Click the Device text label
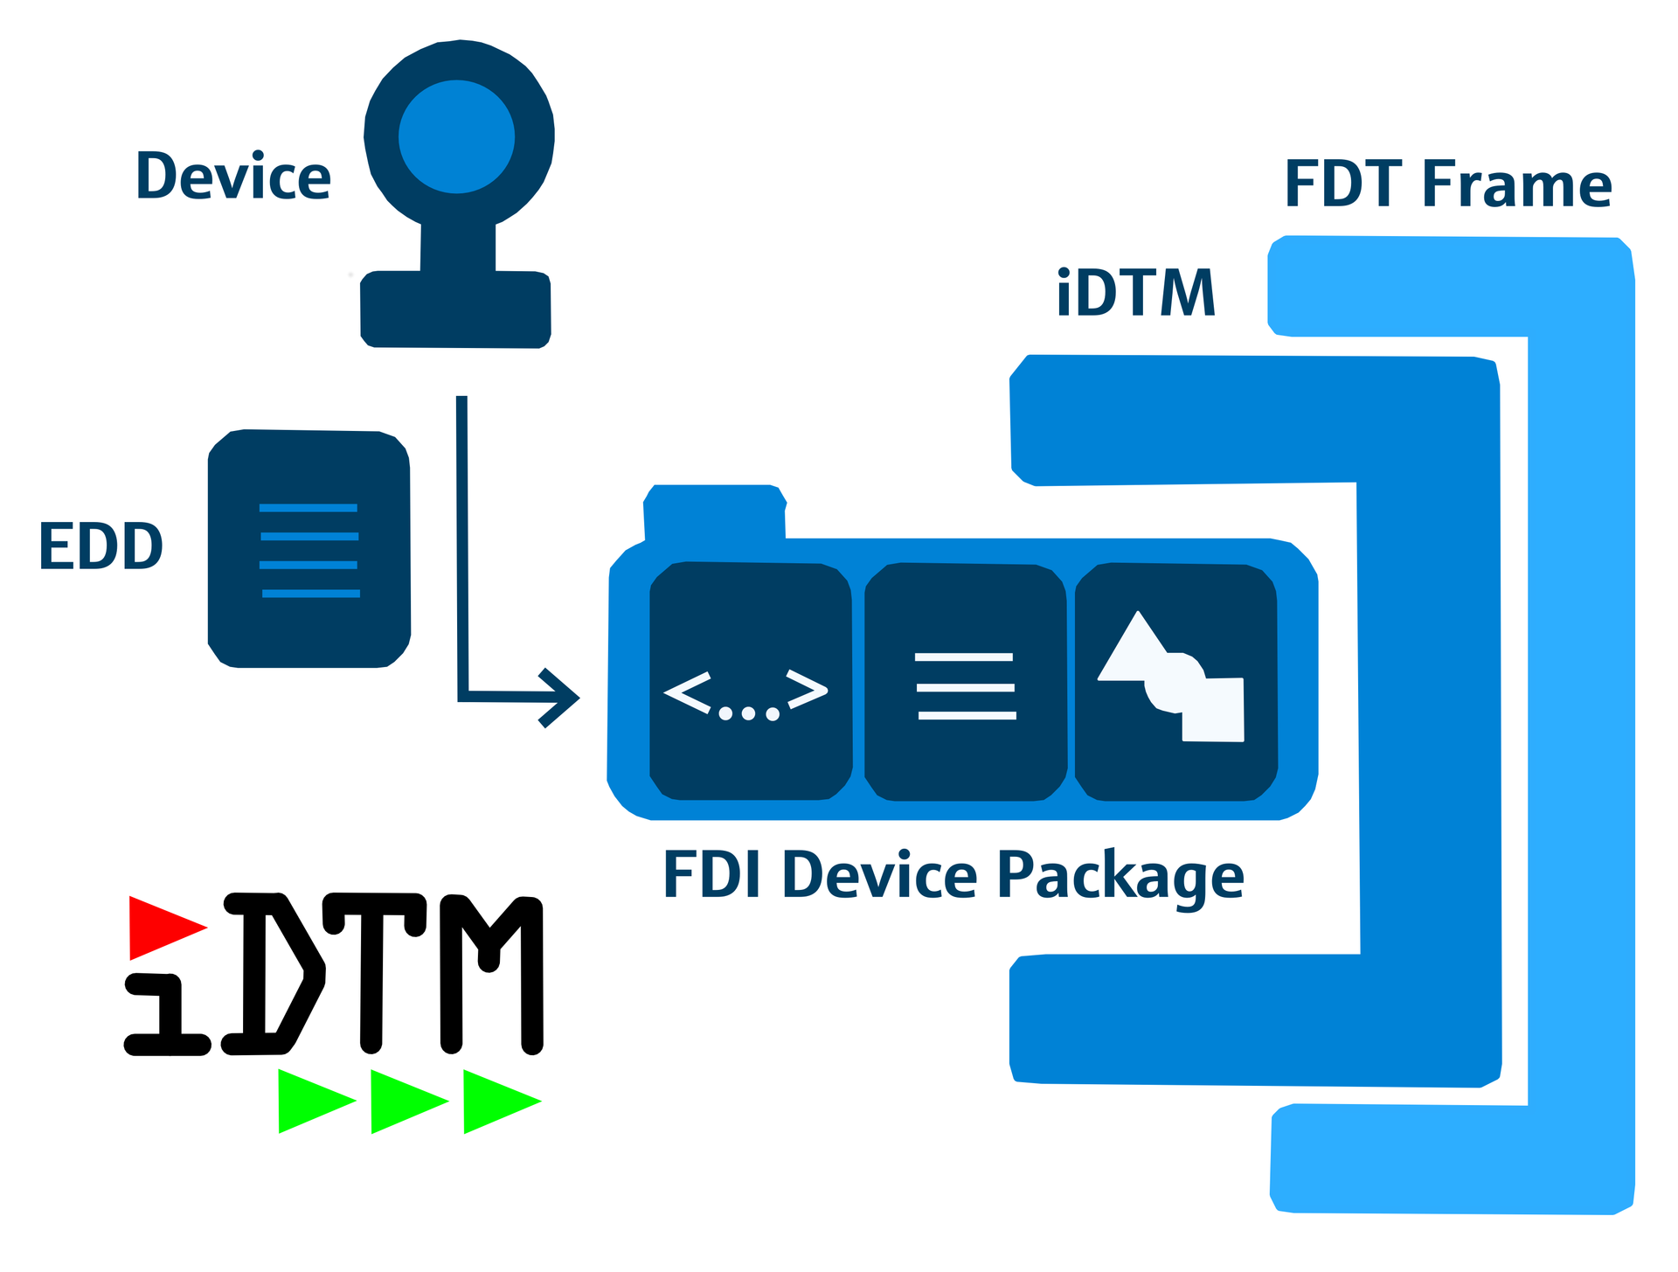233,177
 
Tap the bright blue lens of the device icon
456,136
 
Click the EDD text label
101,547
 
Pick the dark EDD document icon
309,549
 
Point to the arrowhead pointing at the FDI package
560,698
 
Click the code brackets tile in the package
750,682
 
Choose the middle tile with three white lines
965,683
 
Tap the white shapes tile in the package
1176,683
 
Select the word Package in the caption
1120,876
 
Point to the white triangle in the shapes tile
1133,652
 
